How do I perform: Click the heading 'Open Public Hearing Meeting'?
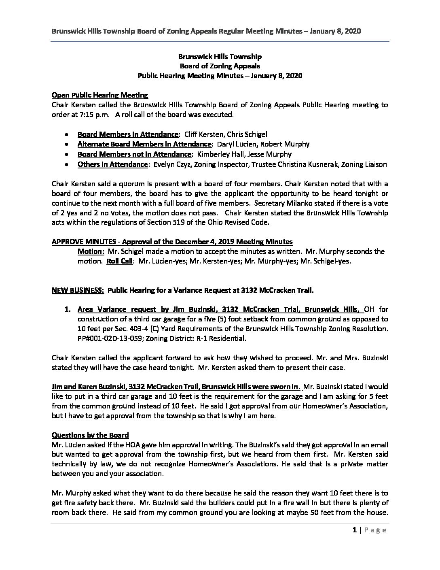pyautogui.click(x=100, y=96)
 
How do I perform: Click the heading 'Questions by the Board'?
pyautogui.click(x=90, y=435)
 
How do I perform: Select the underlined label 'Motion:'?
pyautogui.click(x=91, y=251)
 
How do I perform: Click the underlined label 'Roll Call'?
pyautogui.click(x=120, y=261)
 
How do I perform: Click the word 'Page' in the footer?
pyautogui.click(x=374, y=530)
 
